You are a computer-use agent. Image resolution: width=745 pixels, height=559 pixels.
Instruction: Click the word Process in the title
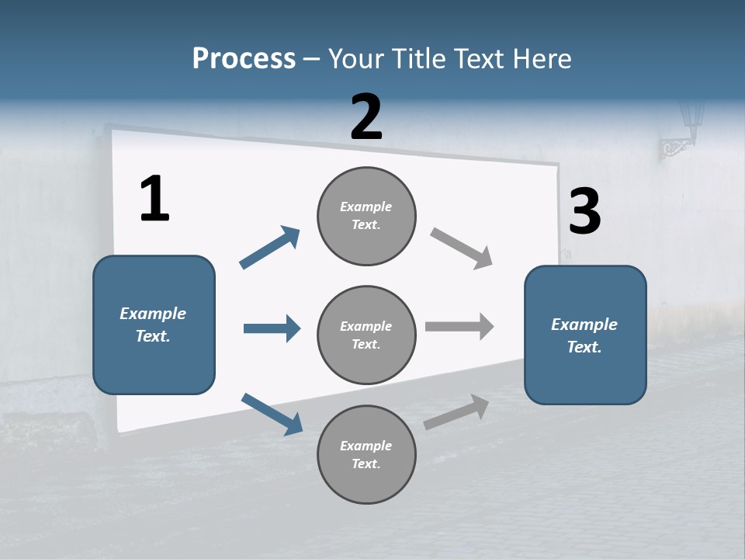point(244,59)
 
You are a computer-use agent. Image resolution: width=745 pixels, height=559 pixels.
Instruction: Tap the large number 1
point(154,199)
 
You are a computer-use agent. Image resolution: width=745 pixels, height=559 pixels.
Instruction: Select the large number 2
point(366,117)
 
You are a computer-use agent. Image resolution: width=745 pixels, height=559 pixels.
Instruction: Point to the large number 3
point(584,212)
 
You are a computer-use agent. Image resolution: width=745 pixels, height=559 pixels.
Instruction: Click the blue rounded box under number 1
point(154,325)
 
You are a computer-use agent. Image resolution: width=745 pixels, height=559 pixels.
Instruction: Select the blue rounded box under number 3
point(585,335)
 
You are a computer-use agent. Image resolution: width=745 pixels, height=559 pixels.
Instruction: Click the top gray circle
point(366,216)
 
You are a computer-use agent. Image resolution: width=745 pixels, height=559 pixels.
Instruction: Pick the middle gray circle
point(366,335)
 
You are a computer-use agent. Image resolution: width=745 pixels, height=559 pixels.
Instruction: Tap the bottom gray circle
point(366,454)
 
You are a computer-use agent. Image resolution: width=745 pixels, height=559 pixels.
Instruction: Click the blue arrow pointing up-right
point(270,248)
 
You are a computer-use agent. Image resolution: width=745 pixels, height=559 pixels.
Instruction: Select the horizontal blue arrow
point(272,328)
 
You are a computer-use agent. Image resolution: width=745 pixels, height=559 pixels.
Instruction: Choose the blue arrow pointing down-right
point(272,414)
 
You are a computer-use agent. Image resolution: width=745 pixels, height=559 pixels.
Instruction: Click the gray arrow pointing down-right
point(462,248)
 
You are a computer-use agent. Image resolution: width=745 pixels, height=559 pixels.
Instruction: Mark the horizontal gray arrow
point(459,326)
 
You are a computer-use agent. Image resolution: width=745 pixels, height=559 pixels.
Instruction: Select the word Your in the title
point(355,59)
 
